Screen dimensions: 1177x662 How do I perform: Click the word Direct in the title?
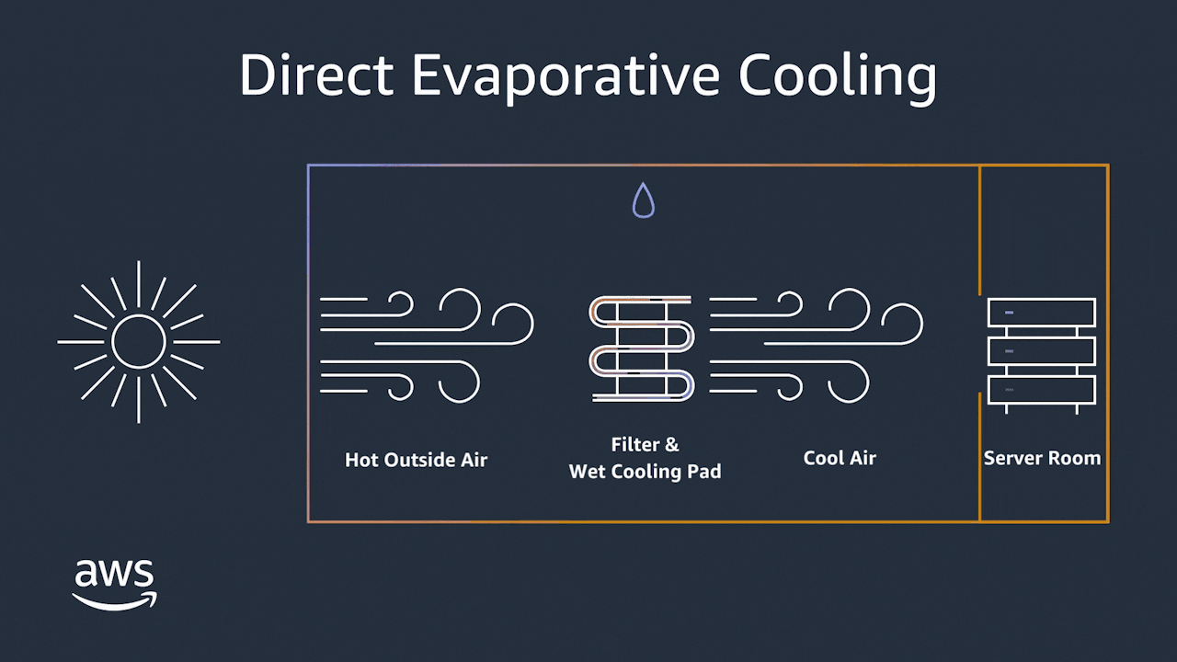pyautogui.click(x=317, y=74)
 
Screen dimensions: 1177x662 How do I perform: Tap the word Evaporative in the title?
pyautogui.click(x=566, y=78)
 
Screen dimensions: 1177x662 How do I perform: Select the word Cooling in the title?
pyautogui.click(x=838, y=79)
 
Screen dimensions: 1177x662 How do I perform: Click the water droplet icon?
pyautogui.click(x=644, y=200)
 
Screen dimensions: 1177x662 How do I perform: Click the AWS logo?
pyautogui.click(x=115, y=585)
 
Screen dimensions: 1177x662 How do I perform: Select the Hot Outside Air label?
pyautogui.click(x=417, y=460)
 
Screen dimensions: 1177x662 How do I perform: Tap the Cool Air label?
pyautogui.click(x=840, y=458)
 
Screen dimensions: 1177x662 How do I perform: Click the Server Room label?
pyautogui.click(x=1042, y=458)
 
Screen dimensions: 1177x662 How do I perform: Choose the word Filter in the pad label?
pyautogui.click(x=634, y=444)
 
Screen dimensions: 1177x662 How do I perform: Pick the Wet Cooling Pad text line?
pyautogui.click(x=646, y=472)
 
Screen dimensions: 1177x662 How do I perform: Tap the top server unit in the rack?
pyautogui.click(x=1042, y=313)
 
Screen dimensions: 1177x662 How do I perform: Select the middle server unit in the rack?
pyautogui.click(x=1042, y=351)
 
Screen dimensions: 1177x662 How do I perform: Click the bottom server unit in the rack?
pyautogui.click(x=1042, y=390)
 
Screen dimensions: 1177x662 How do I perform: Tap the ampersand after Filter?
pyautogui.click(x=672, y=445)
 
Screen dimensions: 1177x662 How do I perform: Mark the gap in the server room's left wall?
pyautogui.click(x=979, y=344)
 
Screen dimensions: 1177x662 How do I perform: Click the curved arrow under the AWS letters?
pyautogui.click(x=115, y=602)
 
